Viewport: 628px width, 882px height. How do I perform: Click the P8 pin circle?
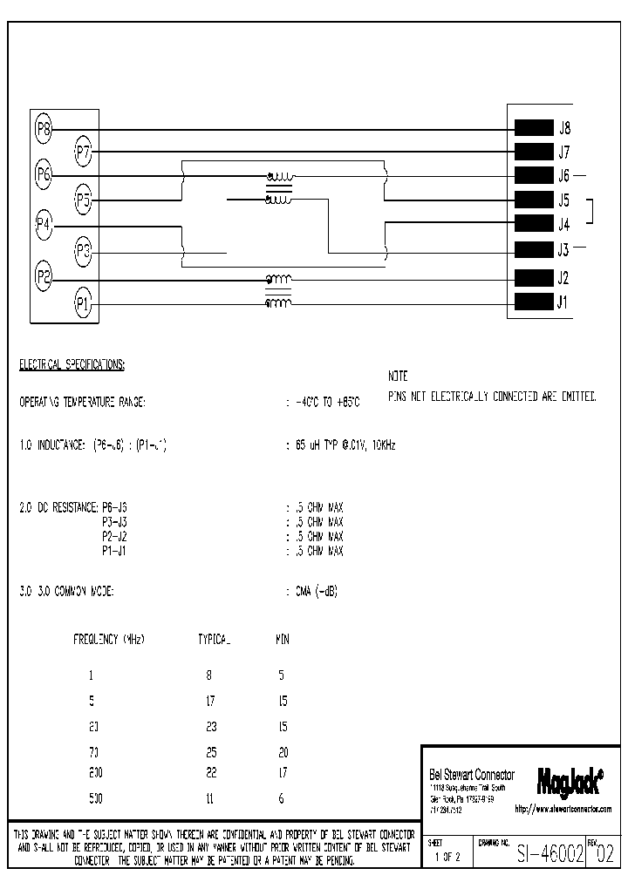coord(44,130)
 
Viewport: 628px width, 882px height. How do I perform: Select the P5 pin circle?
coord(84,200)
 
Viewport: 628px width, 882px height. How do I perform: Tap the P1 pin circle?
coord(84,303)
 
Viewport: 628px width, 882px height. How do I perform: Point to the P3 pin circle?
coord(84,252)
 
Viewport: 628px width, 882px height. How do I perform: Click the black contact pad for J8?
coord(534,127)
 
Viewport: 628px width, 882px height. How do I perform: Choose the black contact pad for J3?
coord(534,250)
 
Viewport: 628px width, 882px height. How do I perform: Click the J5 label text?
coord(564,200)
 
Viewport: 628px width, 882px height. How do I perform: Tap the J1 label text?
coord(563,303)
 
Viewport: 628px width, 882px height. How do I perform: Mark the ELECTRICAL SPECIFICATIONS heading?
coord(72,364)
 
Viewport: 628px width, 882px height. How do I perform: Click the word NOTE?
coord(399,377)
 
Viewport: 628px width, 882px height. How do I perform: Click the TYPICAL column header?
coord(214,639)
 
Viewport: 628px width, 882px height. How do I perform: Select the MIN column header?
coord(282,639)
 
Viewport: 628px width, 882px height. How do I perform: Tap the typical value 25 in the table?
coord(210,751)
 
